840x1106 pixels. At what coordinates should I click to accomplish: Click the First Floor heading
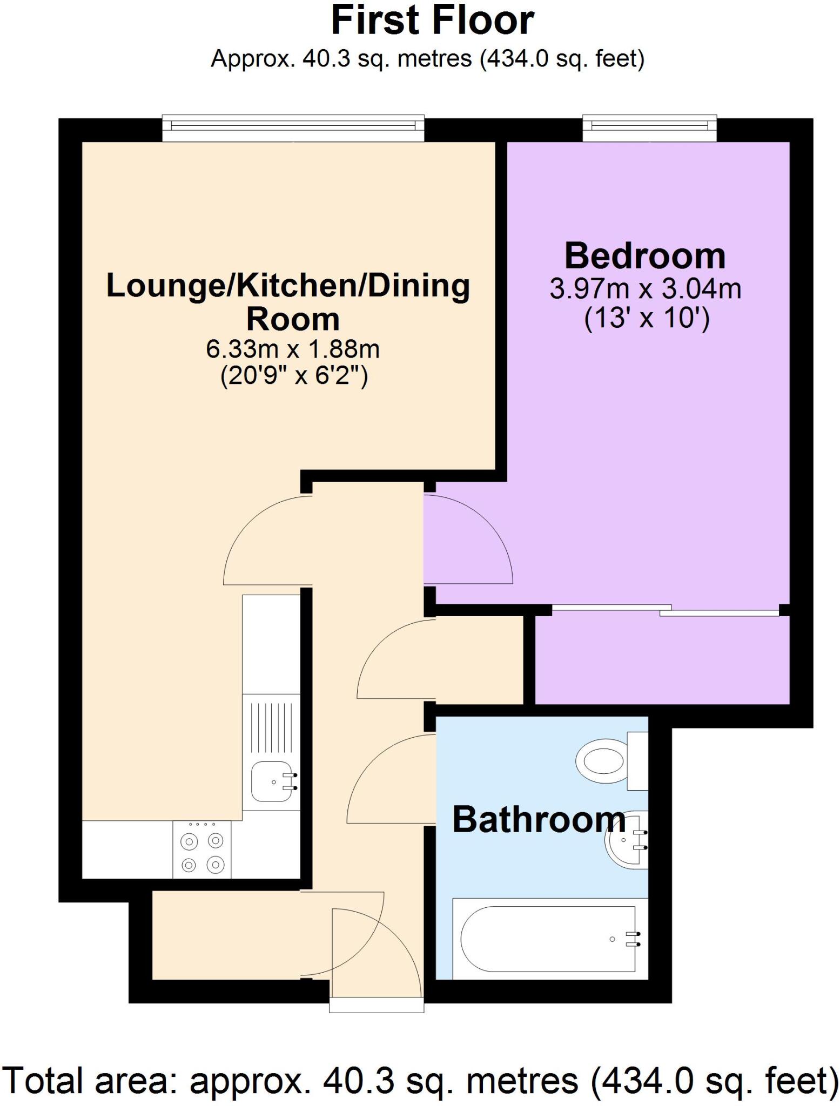[433, 21]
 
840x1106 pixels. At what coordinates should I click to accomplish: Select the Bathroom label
[539, 819]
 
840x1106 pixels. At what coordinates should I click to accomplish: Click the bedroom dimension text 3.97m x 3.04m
[646, 289]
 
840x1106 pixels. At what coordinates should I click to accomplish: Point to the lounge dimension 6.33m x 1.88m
[293, 349]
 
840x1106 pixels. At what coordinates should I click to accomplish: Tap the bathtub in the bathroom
[550, 939]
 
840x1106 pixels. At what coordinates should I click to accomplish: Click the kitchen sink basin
[274, 781]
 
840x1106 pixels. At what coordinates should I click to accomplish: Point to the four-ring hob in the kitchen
[202, 849]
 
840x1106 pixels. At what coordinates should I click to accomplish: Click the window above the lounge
[293, 128]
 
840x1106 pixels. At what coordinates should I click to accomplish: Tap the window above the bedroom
[650, 128]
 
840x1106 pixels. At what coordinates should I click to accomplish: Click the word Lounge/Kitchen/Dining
[288, 286]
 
